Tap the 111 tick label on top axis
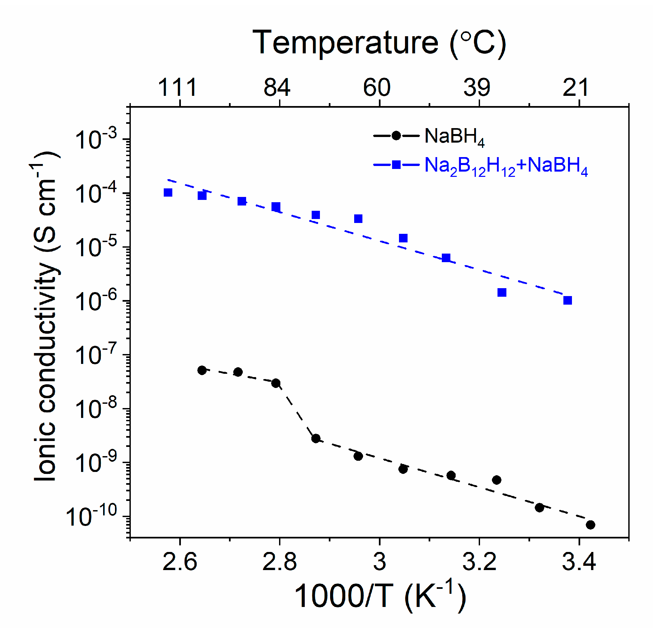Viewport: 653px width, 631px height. tap(178, 88)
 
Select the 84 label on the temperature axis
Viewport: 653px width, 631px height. tap(277, 88)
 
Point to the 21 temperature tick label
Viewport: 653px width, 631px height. tap(576, 88)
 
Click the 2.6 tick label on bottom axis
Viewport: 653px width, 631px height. tap(180, 562)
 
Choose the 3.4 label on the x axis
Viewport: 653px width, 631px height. tap(579, 562)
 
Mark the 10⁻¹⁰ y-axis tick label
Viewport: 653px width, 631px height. tap(92, 516)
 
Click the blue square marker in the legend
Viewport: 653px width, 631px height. tap(396, 164)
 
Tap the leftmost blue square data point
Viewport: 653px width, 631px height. tap(168, 192)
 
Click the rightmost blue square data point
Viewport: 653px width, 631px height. tap(568, 300)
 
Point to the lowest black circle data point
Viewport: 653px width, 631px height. tap(590, 525)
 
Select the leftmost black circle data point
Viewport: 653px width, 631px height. tap(202, 370)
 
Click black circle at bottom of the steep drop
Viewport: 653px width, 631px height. tap(316, 439)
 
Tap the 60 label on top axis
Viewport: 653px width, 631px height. tap(377, 88)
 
